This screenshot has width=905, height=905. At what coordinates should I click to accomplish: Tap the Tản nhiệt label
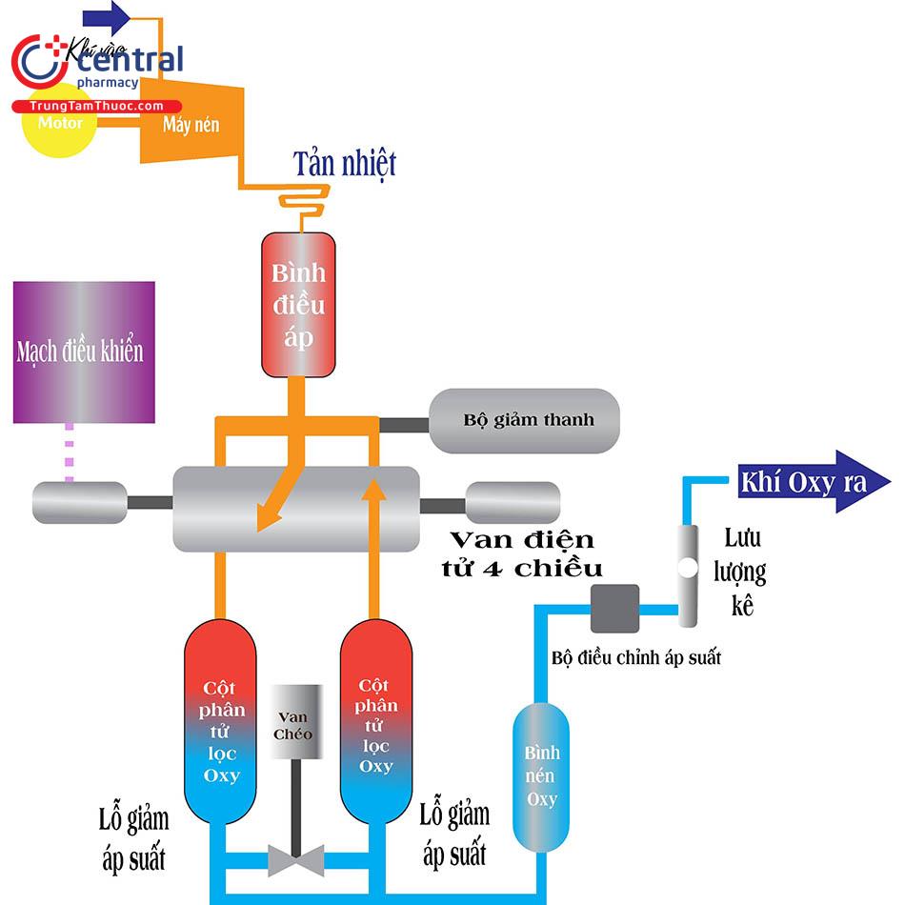(x=344, y=164)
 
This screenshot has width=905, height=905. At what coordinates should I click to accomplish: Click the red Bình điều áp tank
(x=299, y=303)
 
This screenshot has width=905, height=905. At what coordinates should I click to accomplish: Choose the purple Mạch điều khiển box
(x=84, y=352)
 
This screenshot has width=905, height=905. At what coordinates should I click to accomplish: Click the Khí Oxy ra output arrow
(x=814, y=482)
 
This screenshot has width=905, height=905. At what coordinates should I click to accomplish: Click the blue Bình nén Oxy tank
(x=542, y=775)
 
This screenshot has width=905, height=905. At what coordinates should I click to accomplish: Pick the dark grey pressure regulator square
(x=614, y=609)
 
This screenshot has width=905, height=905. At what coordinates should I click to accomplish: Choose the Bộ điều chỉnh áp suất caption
(x=636, y=657)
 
